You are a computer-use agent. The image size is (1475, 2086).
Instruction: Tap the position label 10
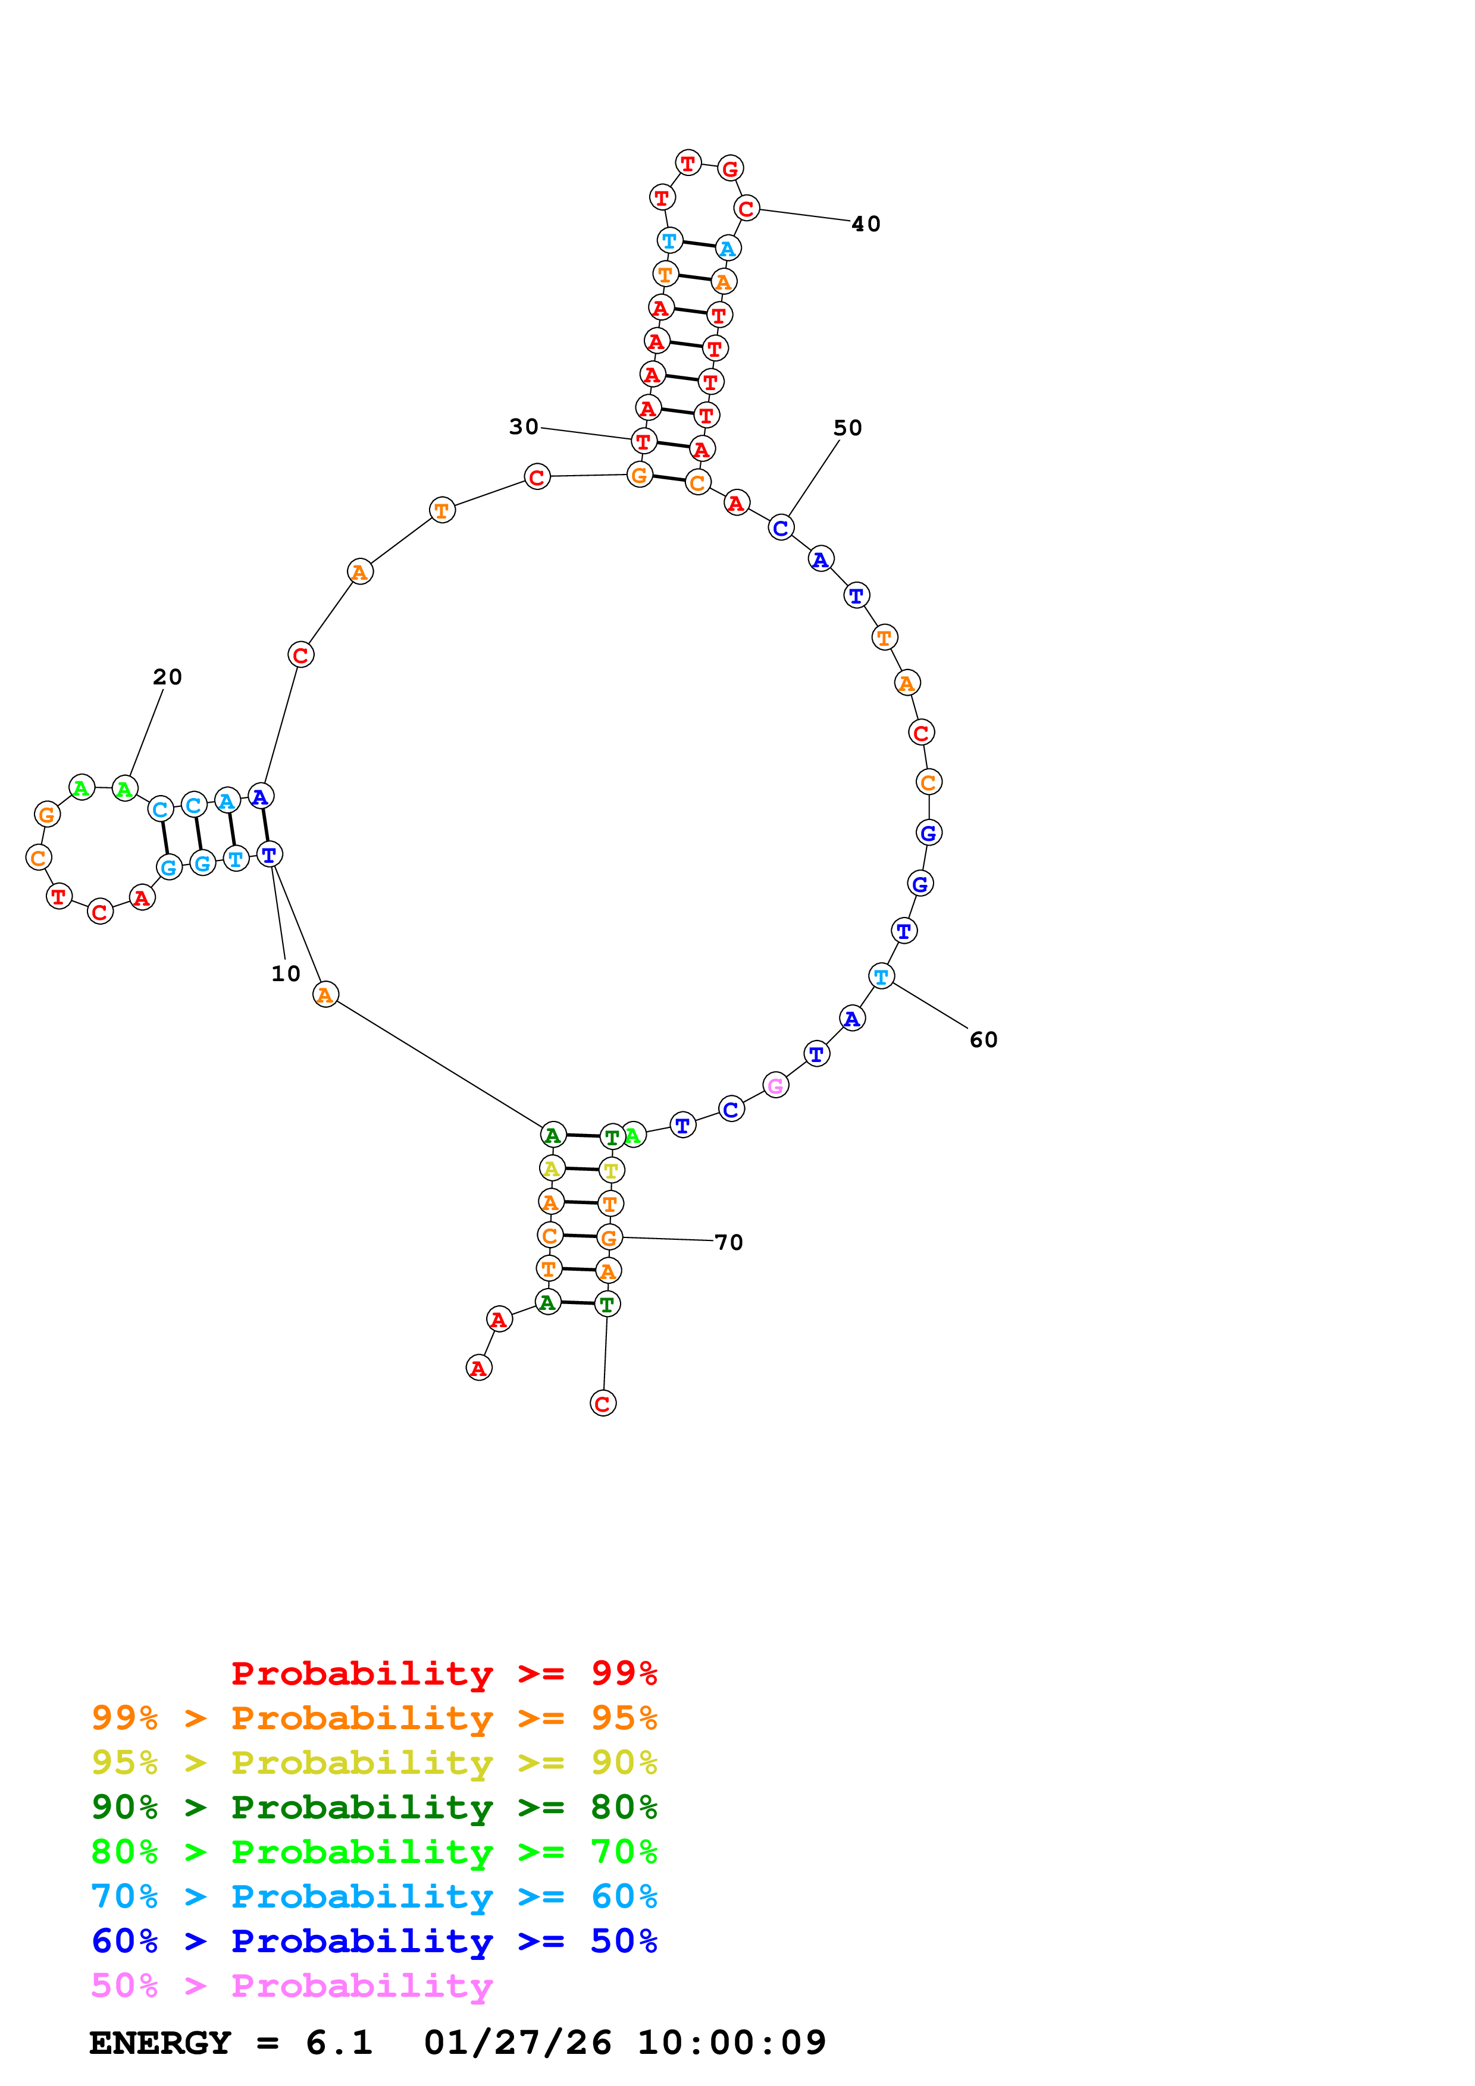[286, 974]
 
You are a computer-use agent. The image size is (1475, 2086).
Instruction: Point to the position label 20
[167, 677]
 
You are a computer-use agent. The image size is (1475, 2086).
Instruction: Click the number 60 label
[984, 1040]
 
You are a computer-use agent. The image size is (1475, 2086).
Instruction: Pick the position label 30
[524, 427]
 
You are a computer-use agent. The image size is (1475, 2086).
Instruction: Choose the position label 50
[847, 428]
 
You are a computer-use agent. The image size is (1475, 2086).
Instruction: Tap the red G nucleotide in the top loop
[730, 168]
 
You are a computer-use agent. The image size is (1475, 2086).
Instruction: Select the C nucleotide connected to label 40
[746, 208]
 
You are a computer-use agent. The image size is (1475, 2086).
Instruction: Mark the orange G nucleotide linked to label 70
[609, 1237]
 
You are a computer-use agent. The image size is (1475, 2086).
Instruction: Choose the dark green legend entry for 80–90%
[374, 1807]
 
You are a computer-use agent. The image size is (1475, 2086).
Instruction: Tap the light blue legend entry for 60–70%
[374, 1896]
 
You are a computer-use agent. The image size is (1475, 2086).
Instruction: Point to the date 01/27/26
[517, 2043]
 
